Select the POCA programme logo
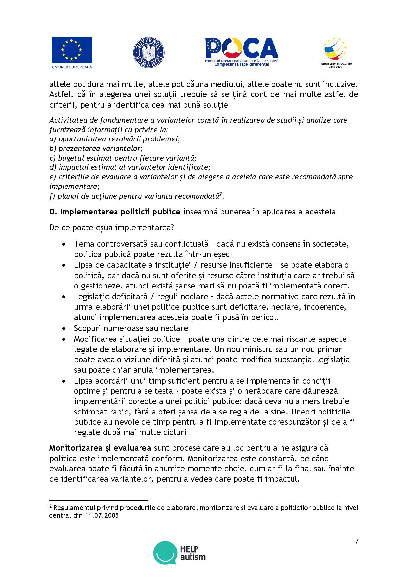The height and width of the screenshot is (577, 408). pos(242,52)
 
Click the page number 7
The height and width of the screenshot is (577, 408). pos(357,542)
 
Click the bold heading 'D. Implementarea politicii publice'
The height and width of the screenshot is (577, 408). pos(115,212)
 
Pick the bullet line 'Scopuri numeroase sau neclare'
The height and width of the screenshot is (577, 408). pos(131,328)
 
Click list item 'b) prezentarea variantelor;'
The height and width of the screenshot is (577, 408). pos(96,148)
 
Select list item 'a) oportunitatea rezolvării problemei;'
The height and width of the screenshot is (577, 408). pos(115,139)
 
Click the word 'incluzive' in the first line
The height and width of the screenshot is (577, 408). pos(341,84)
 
